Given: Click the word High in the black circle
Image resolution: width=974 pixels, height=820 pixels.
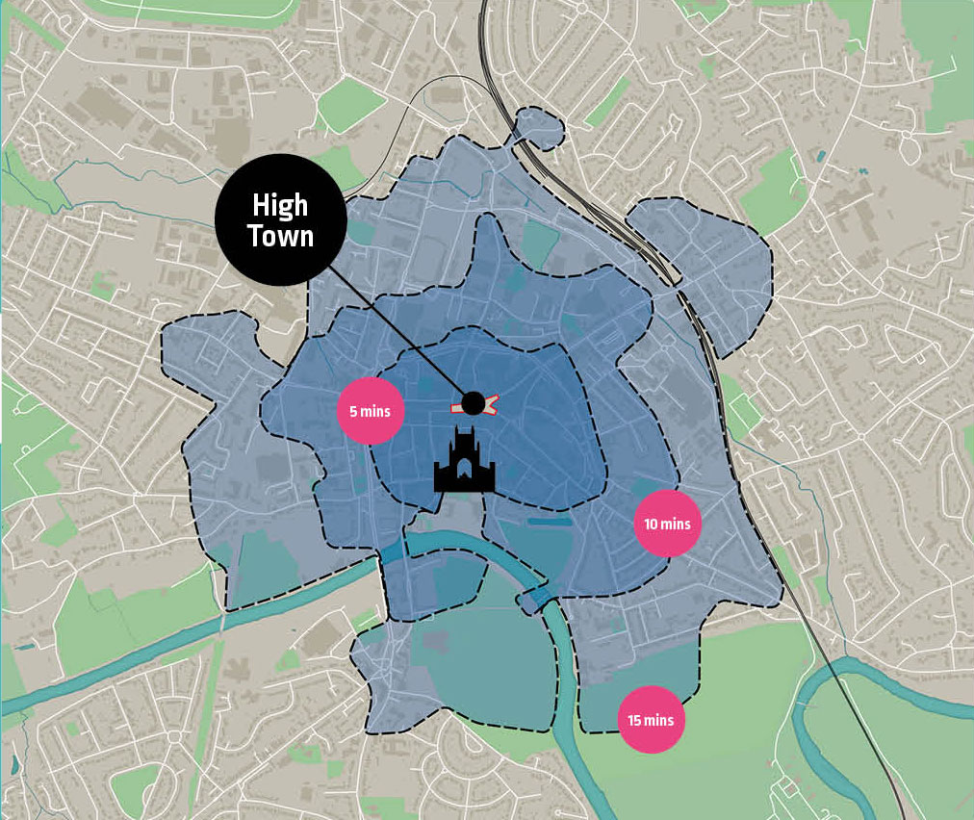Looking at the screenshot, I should [280, 205].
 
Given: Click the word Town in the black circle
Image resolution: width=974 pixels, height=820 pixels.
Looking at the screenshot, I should [280, 235].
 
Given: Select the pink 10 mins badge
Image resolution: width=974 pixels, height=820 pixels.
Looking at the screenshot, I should [667, 525].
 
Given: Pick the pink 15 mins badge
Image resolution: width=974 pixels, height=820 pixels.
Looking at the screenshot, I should [651, 719].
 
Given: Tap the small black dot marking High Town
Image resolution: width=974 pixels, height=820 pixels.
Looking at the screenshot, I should [473, 403].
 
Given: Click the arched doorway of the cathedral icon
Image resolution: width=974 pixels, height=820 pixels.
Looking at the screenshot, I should [464, 473].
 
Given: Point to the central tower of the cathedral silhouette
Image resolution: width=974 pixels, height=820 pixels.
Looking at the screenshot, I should [464, 444].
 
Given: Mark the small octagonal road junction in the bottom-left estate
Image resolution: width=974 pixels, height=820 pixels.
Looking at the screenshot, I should [175, 737].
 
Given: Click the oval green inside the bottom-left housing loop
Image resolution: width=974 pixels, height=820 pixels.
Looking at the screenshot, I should [135, 783].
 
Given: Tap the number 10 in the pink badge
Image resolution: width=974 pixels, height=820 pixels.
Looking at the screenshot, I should [652, 525].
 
